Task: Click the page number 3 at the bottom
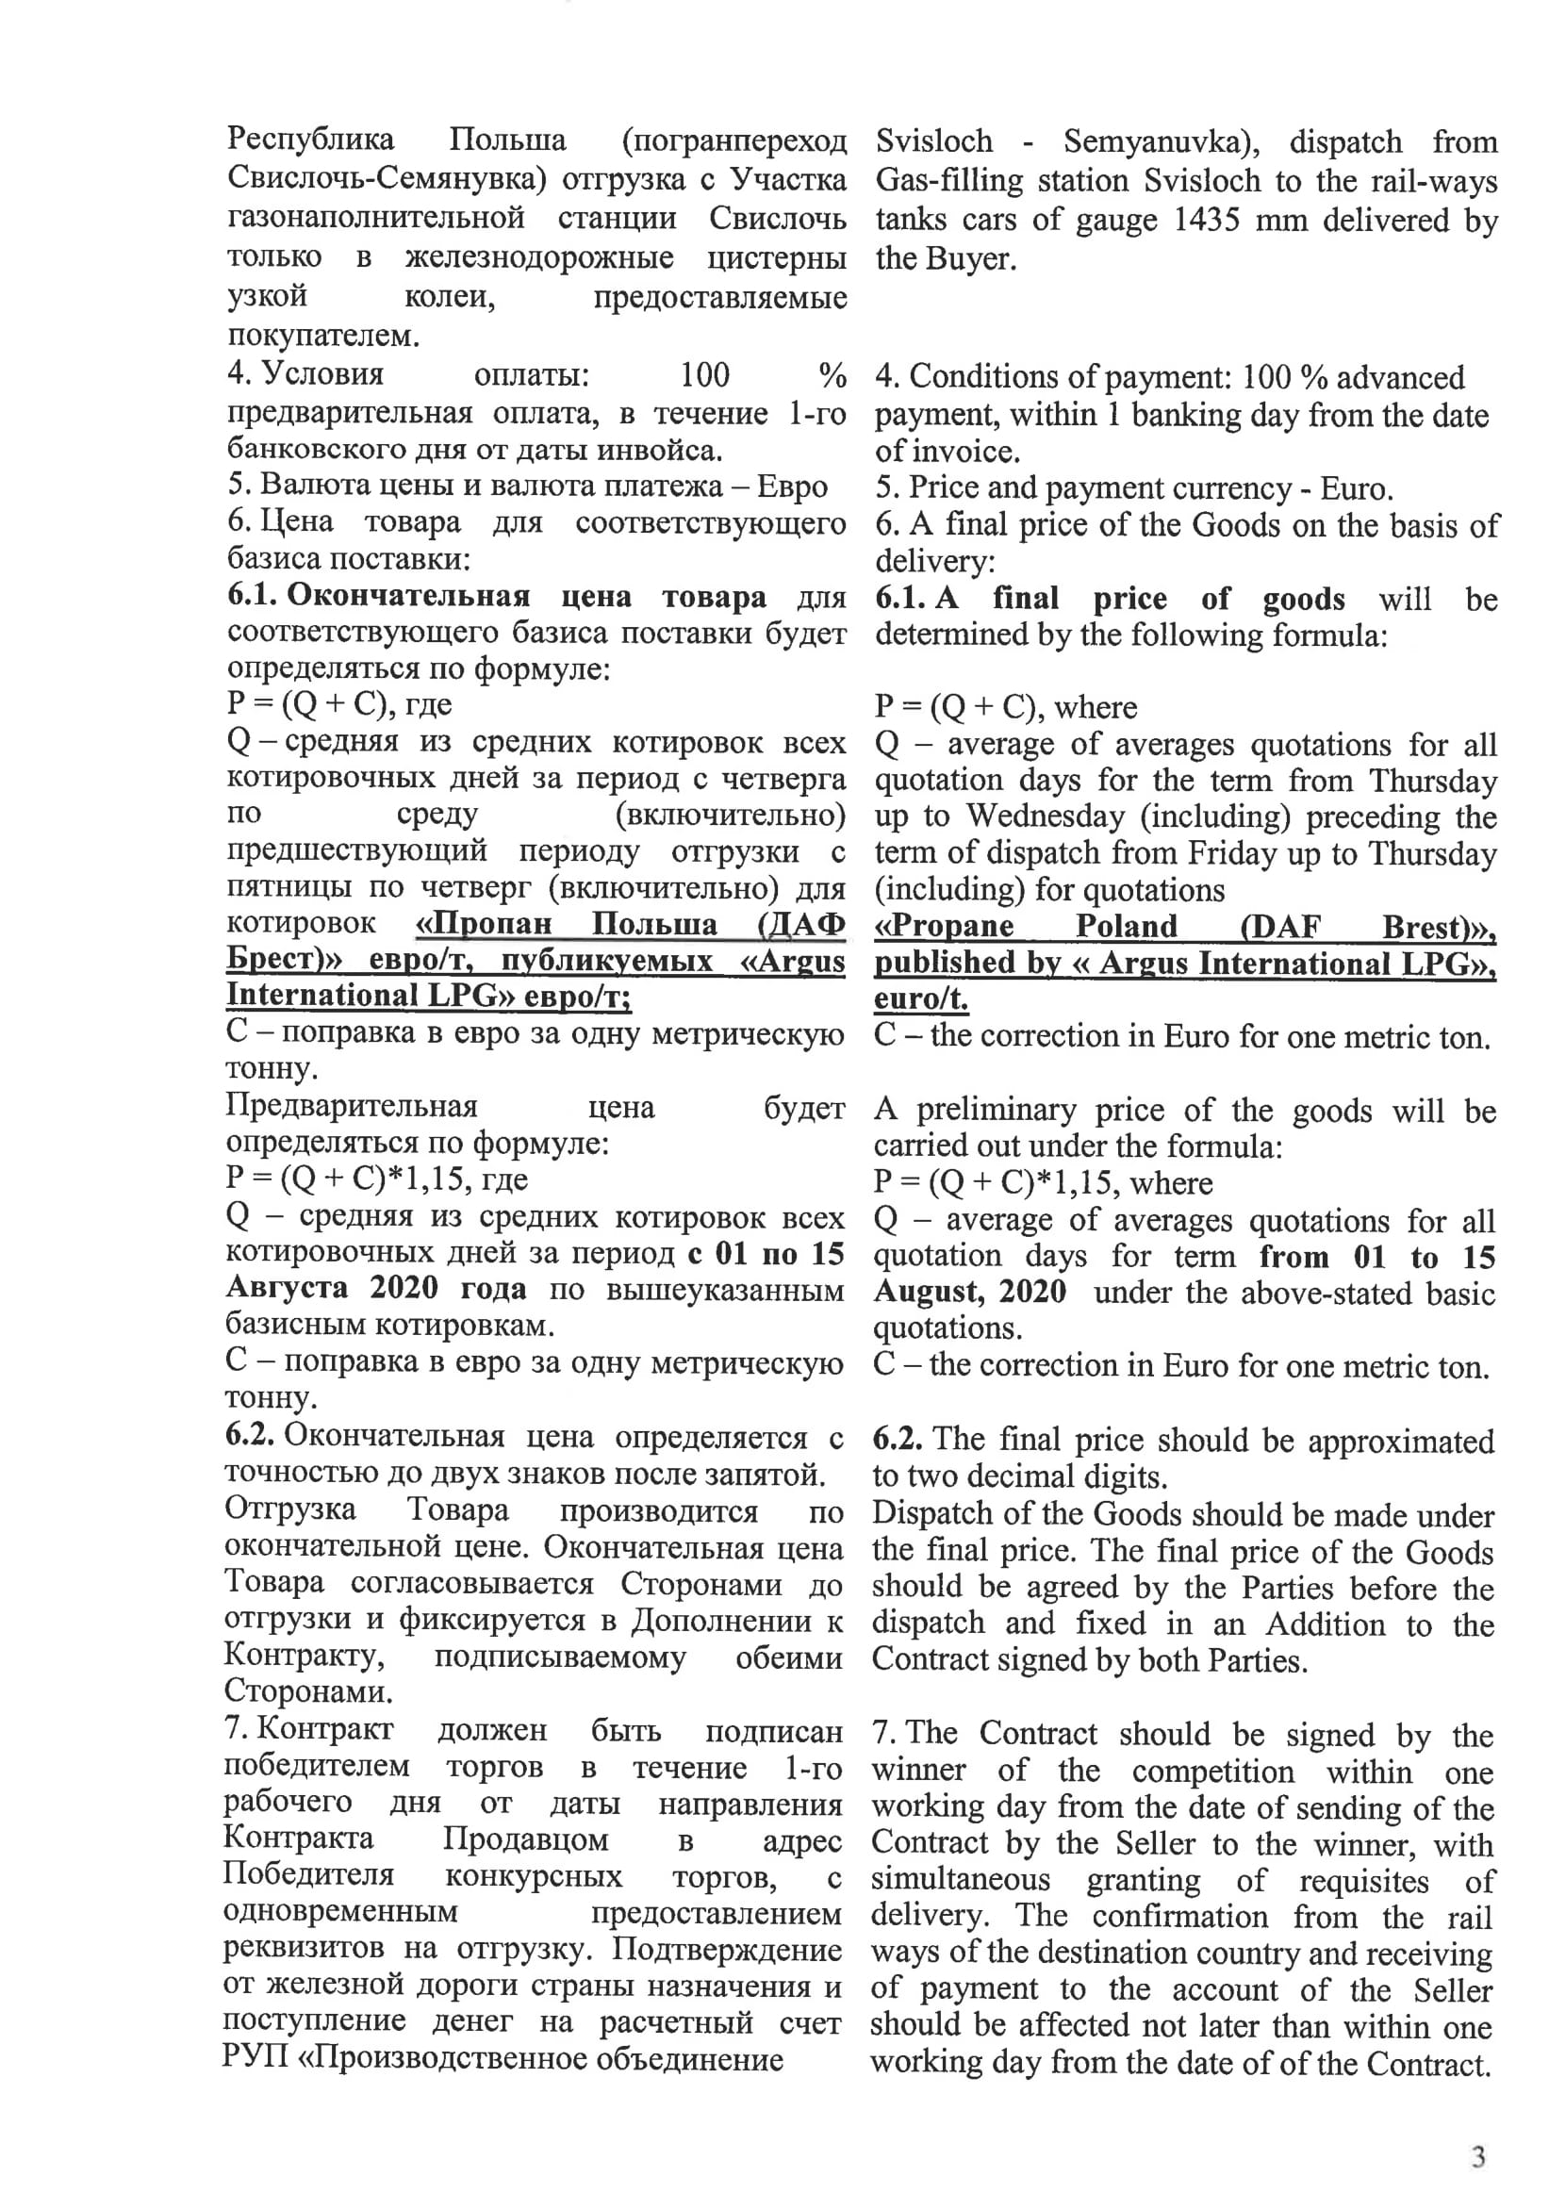coord(1477,2157)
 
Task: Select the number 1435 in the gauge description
coord(1206,220)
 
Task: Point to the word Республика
coord(310,140)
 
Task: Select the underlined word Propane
coord(944,927)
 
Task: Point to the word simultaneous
coord(960,1881)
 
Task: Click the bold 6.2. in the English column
coord(897,1440)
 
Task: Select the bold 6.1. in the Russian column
coord(252,595)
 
